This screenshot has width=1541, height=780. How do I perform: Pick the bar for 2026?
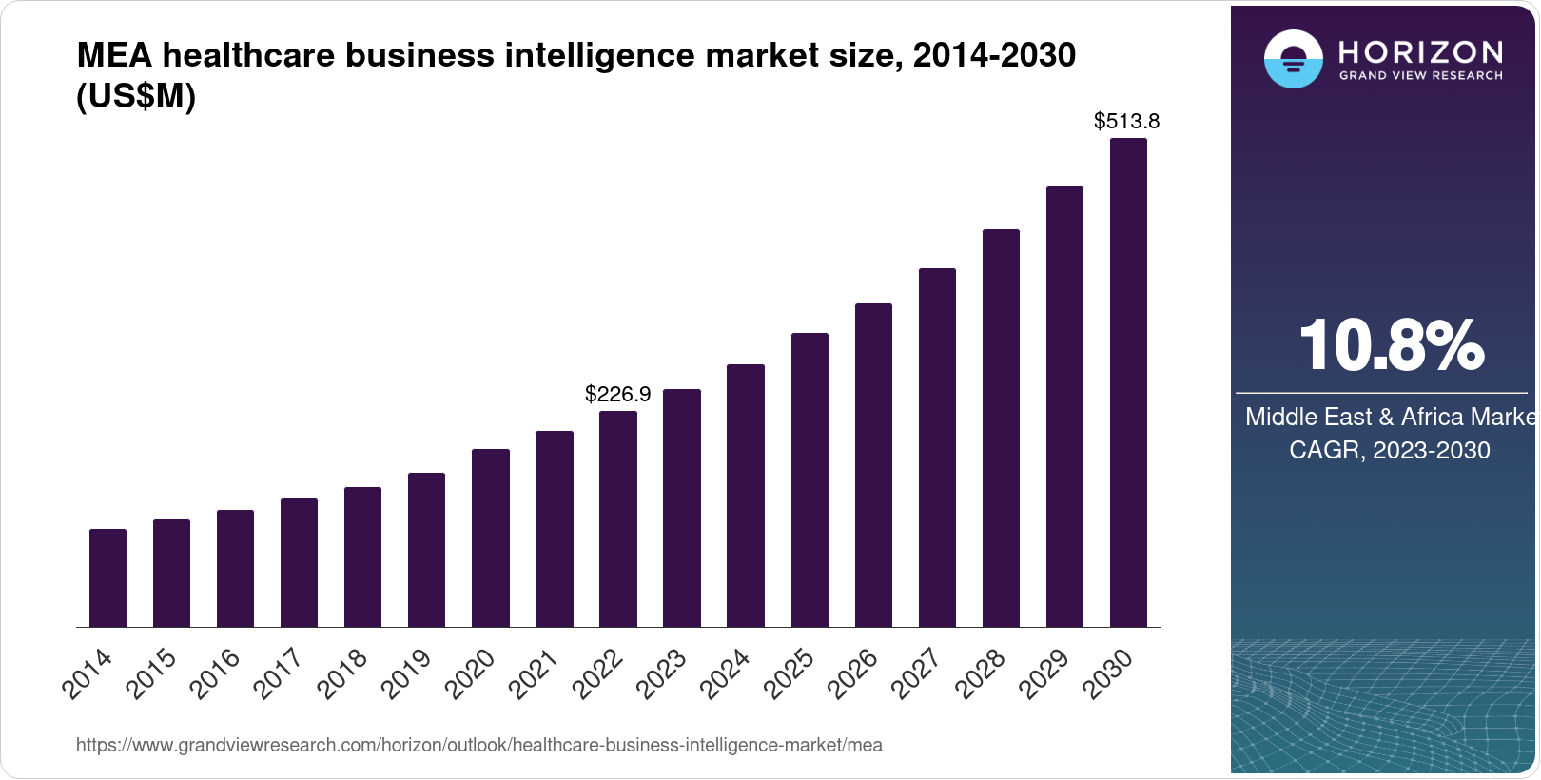click(873, 465)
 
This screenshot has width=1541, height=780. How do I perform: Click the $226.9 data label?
click(617, 394)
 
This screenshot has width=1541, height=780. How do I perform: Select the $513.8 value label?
click(1126, 121)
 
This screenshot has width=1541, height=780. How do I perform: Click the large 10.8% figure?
click(1391, 345)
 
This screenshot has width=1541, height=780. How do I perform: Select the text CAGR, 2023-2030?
click(1389, 450)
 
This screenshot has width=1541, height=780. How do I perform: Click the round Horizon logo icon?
click(1293, 59)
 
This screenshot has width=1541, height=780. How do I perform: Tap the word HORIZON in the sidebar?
click(1420, 51)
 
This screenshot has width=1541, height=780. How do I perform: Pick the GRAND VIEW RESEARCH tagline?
click(1420, 75)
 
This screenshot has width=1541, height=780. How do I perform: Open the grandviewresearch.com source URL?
click(478, 745)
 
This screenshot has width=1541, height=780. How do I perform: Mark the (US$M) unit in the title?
click(136, 96)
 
